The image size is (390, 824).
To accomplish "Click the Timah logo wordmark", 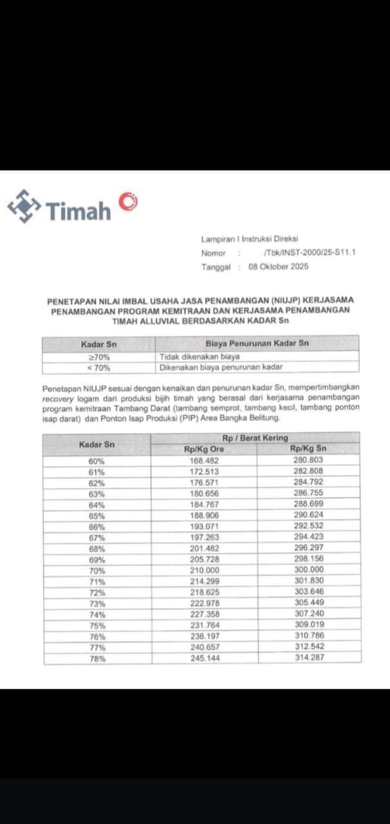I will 78,211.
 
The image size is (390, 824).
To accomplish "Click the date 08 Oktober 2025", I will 279,267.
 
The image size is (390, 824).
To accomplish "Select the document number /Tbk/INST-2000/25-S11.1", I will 310,253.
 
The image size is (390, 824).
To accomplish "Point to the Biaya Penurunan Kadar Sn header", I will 257,344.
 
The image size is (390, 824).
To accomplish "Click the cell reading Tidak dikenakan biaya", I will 200,356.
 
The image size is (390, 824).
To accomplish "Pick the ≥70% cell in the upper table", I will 98,356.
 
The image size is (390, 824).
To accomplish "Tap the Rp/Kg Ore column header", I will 204,449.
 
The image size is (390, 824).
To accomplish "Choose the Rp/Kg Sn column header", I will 308,449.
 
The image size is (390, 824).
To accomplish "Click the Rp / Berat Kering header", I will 255,438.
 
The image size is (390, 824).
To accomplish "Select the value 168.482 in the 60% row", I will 203,460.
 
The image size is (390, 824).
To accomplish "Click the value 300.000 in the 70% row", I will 308,570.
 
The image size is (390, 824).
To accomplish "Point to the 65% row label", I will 97,516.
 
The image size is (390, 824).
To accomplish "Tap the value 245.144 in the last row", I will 203,658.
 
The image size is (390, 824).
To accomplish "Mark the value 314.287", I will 308,657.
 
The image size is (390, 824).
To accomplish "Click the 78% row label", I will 97,659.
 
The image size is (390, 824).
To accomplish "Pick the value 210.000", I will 203,570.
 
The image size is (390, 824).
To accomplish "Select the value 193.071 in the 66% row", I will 203,527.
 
